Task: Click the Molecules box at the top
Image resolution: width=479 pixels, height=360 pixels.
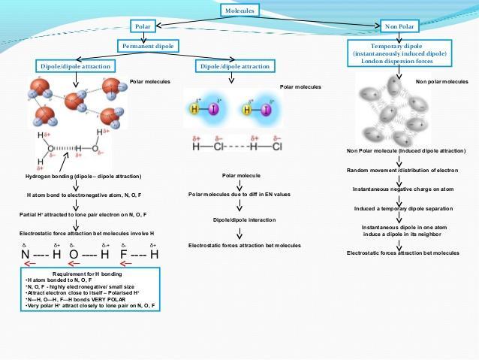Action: click(x=239, y=11)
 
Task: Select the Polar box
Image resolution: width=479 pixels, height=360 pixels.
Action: click(x=143, y=27)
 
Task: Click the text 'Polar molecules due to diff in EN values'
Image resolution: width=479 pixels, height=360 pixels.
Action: click(x=239, y=195)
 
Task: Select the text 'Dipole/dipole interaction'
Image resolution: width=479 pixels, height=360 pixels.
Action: click(x=239, y=220)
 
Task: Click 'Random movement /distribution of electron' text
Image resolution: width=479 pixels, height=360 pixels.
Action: click(x=405, y=170)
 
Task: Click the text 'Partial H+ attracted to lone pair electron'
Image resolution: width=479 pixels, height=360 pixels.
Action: click(x=82, y=214)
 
